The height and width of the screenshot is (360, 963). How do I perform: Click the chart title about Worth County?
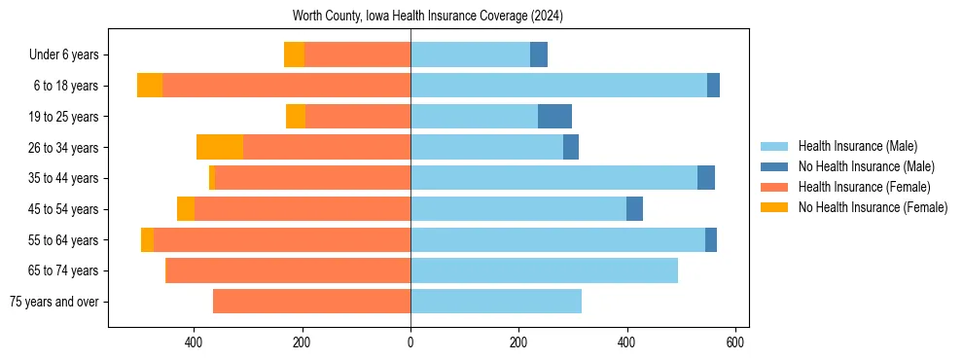tap(428, 17)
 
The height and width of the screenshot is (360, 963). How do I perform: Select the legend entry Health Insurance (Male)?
tap(857, 146)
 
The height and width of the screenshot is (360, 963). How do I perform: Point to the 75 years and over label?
tap(53, 302)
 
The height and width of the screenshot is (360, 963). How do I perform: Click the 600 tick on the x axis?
tap(735, 342)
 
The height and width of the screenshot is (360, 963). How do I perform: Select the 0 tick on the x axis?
tap(410, 342)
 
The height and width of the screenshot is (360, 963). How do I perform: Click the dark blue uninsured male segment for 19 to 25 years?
tap(554, 117)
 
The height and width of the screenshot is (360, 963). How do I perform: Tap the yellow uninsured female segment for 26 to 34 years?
tap(220, 147)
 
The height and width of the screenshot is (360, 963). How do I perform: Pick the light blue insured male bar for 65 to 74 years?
tap(544, 270)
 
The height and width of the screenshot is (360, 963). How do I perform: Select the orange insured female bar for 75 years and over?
tap(311, 302)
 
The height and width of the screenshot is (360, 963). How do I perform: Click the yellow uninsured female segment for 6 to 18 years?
tap(150, 86)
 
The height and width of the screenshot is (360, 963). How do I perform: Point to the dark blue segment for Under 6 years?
tap(539, 55)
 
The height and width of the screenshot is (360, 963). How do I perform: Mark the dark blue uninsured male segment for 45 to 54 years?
tap(634, 209)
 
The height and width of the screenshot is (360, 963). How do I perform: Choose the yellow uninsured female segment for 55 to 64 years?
tap(147, 239)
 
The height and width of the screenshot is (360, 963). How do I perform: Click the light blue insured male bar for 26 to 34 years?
tap(486, 147)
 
